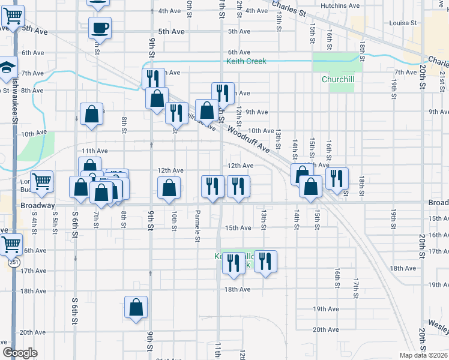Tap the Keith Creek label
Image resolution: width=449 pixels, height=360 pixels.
[x=246, y=61]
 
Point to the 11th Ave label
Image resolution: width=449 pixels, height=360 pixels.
[x=94, y=151]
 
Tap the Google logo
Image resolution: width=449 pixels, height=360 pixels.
[x=20, y=353]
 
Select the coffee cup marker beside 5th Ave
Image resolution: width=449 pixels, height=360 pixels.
[x=100, y=28]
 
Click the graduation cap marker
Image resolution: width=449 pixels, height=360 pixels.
[x=7, y=67]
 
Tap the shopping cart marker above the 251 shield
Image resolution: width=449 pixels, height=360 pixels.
[x=11, y=244]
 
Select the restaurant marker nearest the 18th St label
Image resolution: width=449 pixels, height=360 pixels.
[x=337, y=178]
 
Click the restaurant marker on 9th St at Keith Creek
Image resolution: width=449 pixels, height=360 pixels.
[x=153, y=79]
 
